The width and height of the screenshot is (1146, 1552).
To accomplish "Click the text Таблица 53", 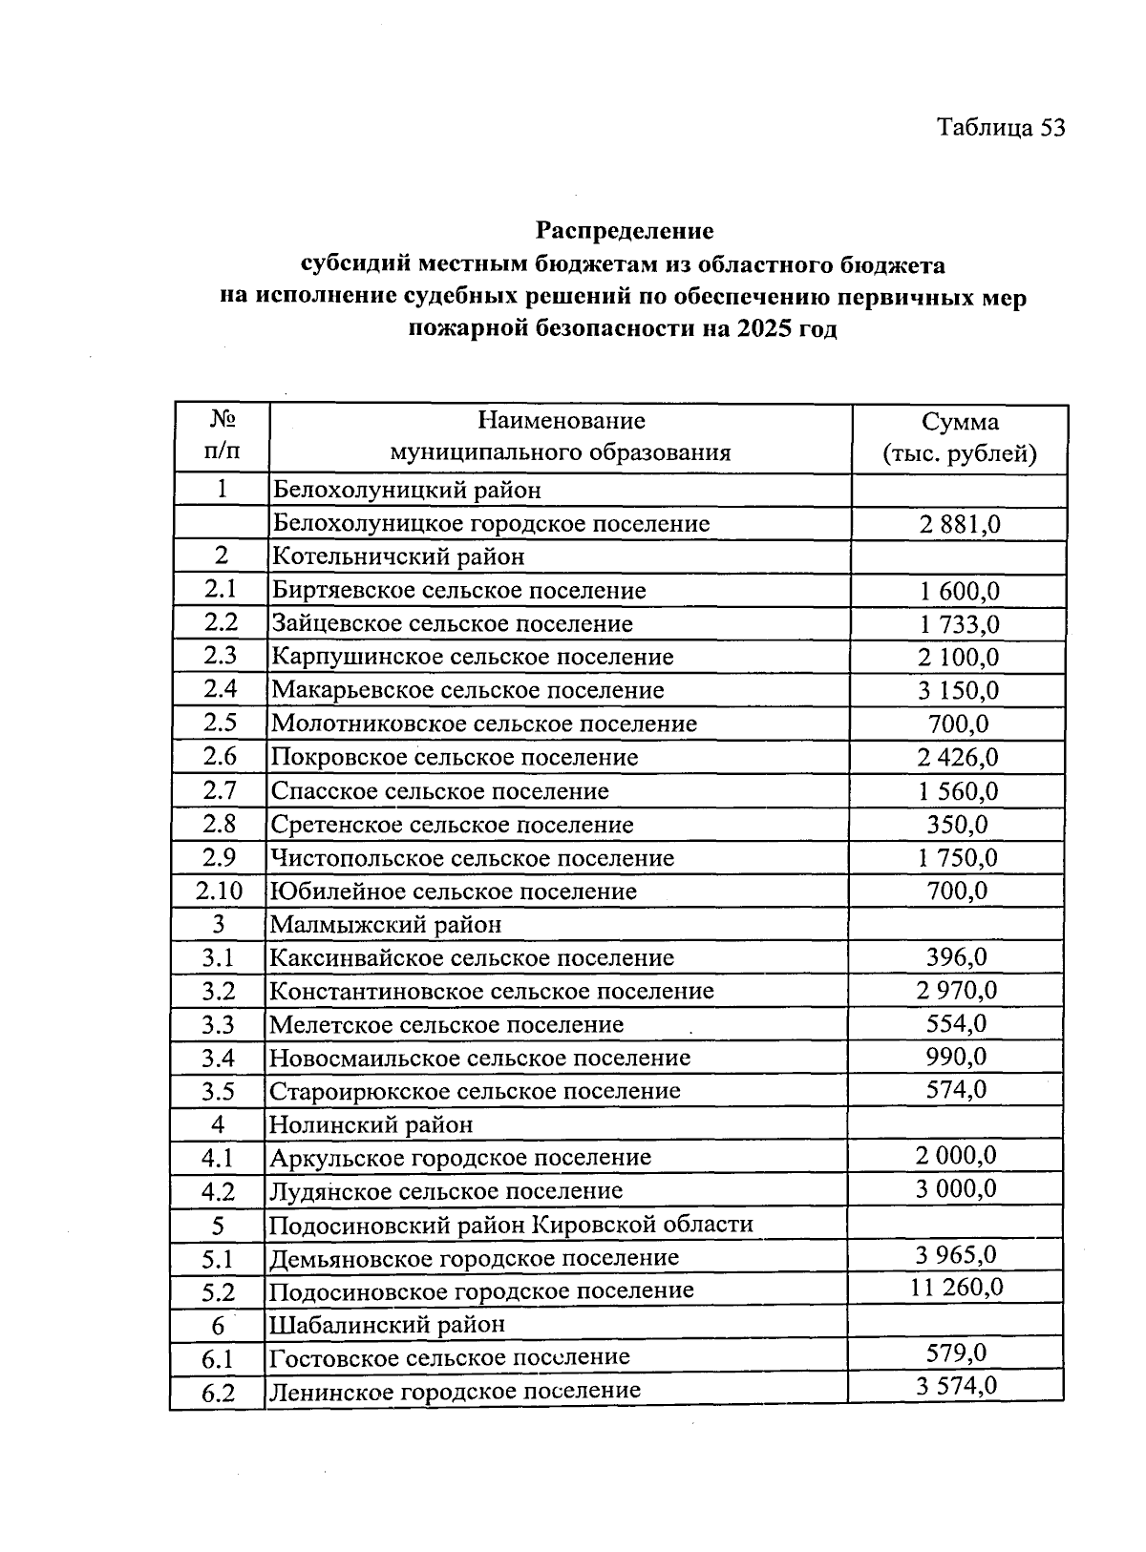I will (x=1000, y=128).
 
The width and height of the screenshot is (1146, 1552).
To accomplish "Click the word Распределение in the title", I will (x=624, y=231).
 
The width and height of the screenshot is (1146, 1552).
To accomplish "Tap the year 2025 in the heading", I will (x=762, y=330).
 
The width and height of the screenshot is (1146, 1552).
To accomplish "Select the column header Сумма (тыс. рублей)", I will (x=959, y=437).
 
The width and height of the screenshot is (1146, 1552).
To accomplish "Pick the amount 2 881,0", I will (x=959, y=524).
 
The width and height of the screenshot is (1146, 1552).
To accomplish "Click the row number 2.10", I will (x=220, y=891).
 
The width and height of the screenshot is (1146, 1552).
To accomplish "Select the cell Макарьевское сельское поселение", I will (x=468, y=690).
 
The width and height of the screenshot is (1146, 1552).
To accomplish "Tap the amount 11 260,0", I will (x=956, y=1288).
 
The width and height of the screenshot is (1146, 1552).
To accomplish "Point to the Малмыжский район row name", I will (x=386, y=925).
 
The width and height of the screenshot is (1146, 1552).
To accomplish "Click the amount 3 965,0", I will (x=956, y=1255).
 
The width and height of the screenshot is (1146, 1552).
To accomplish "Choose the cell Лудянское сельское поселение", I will (x=445, y=1191).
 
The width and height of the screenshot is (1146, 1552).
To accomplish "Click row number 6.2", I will (x=218, y=1393).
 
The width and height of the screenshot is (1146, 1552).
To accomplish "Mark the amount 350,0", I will (x=957, y=825).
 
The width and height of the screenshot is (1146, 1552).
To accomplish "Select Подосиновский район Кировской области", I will (x=511, y=1225).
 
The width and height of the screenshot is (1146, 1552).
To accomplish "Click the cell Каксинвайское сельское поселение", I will (x=472, y=958).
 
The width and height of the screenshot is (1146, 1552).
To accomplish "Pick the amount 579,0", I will (x=956, y=1353).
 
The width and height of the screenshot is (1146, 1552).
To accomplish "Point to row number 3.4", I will (x=218, y=1059).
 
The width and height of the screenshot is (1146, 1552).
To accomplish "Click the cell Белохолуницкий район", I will (x=407, y=491).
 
